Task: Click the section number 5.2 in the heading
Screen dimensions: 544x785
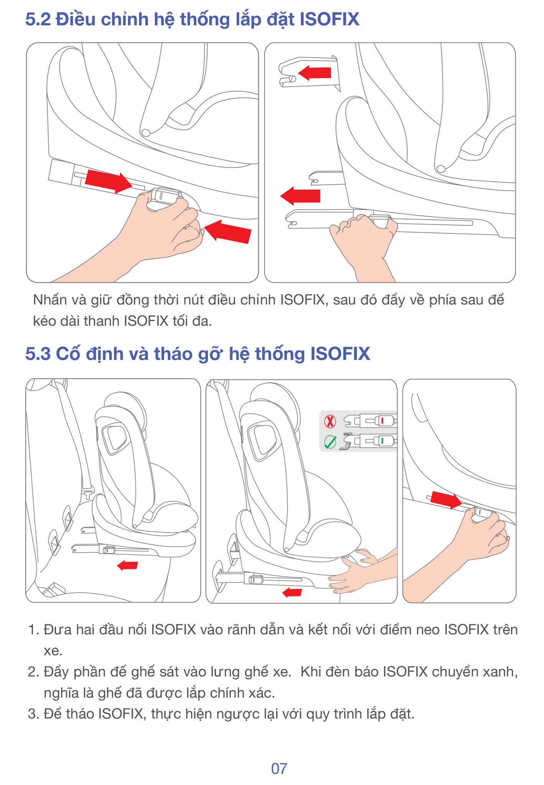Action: tap(38, 20)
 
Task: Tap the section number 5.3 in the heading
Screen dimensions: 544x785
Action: tap(38, 354)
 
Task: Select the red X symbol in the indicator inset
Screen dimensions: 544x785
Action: tap(330, 421)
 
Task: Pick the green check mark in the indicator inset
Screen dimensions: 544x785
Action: tap(330, 442)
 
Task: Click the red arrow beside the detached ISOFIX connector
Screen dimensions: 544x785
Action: tap(314, 73)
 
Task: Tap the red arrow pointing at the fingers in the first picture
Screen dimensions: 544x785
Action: tap(228, 232)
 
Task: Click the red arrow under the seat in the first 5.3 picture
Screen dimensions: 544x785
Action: tap(128, 565)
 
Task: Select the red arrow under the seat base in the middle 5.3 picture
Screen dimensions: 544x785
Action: tap(292, 593)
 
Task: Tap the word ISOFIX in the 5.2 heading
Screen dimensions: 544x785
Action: tap(329, 20)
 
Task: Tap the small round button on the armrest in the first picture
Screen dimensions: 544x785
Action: tap(146, 133)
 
